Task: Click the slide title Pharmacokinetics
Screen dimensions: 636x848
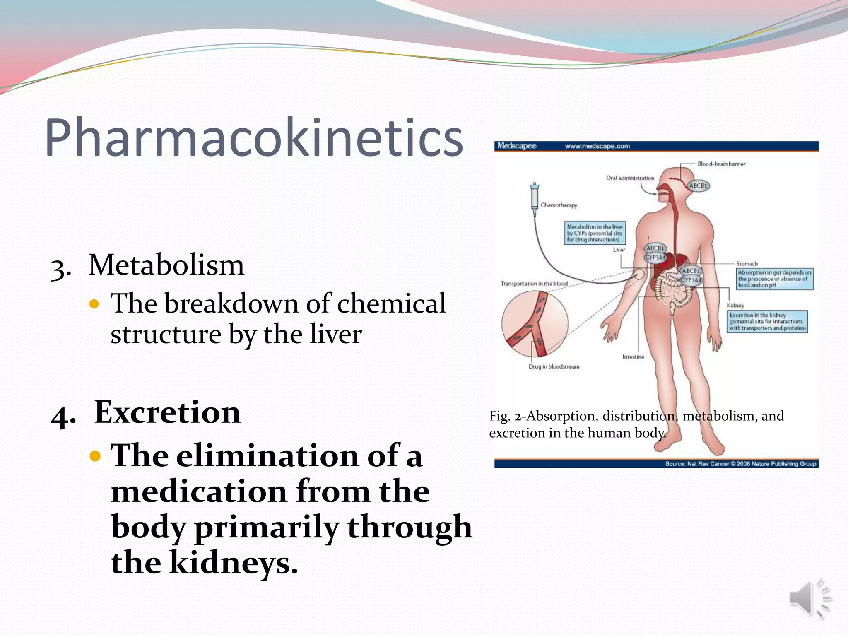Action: coord(253,137)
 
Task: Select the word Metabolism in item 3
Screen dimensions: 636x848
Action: coord(166,265)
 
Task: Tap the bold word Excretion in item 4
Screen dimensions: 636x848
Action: coord(167,412)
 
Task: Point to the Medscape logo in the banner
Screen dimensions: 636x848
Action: coord(516,146)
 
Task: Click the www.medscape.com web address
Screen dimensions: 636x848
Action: coord(597,146)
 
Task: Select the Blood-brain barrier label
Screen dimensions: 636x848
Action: coord(721,164)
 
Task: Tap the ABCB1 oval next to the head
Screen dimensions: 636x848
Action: coord(699,185)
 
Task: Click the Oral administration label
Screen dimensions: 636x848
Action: coord(630,178)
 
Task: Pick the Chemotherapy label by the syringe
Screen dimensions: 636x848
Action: coord(559,205)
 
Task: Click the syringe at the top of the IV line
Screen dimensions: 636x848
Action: coord(535,197)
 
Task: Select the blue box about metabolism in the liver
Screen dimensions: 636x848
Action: coord(595,233)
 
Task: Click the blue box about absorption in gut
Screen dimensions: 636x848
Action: coord(774,279)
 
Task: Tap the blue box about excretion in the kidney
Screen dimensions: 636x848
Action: coord(767,321)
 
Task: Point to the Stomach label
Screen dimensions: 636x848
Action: coord(747,264)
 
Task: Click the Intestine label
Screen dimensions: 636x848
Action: coord(633,357)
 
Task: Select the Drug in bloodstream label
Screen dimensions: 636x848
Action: coord(554,366)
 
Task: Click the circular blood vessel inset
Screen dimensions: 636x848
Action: coord(535,323)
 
